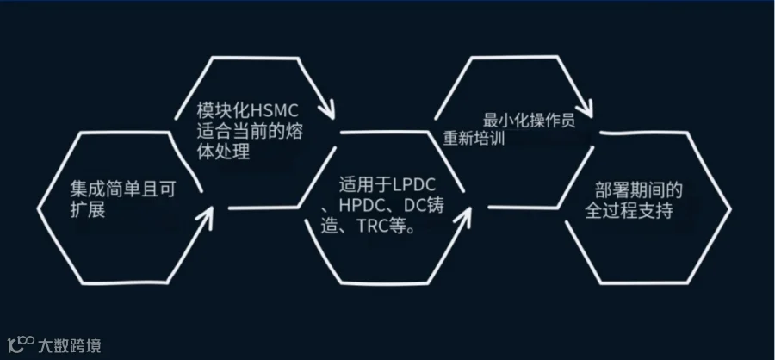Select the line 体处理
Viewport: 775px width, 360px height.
(x=223, y=152)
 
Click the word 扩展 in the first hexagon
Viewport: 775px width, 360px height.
(x=88, y=210)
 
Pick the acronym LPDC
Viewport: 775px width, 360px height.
(x=415, y=185)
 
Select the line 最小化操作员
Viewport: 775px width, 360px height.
(x=530, y=121)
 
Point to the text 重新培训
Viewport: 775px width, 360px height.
(x=474, y=138)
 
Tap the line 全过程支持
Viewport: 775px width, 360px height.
(x=629, y=211)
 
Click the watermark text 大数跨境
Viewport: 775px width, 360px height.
(x=69, y=345)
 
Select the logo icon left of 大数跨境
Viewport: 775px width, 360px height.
(x=21, y=344)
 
